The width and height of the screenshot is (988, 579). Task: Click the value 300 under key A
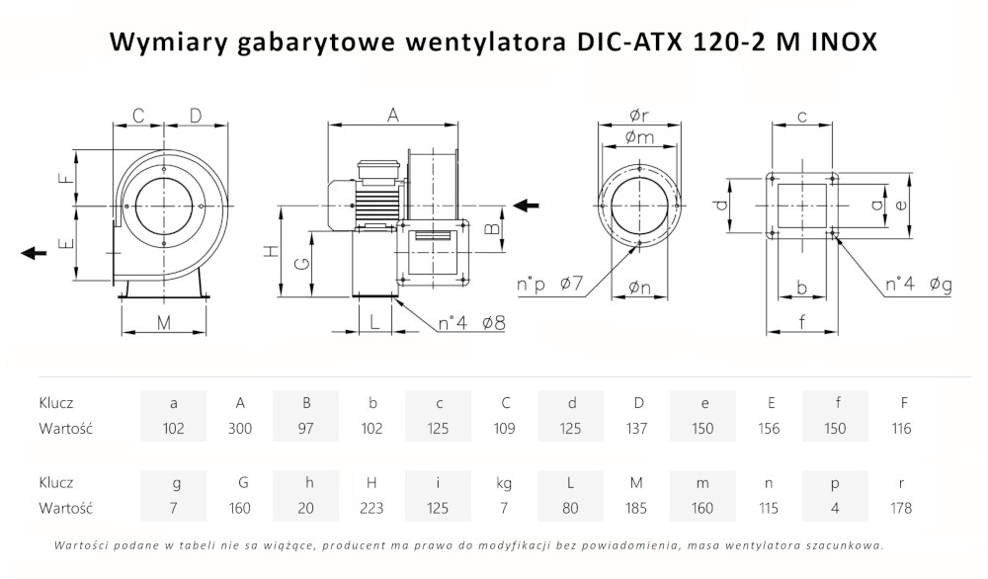(239, 429)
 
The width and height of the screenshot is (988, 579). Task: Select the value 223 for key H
(371, 508)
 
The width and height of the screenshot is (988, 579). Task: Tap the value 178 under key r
(901, 508)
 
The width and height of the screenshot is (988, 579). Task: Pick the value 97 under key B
(305, 429)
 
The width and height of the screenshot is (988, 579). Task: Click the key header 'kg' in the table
(504, 484)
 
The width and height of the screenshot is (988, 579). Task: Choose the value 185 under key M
(636, 508)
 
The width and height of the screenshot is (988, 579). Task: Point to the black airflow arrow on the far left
(34, 253)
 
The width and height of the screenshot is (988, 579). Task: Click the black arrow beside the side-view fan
(527, 205)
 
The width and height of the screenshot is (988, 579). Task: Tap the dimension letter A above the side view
(393, 116)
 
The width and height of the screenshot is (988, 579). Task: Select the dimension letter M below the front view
(164, 323)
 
